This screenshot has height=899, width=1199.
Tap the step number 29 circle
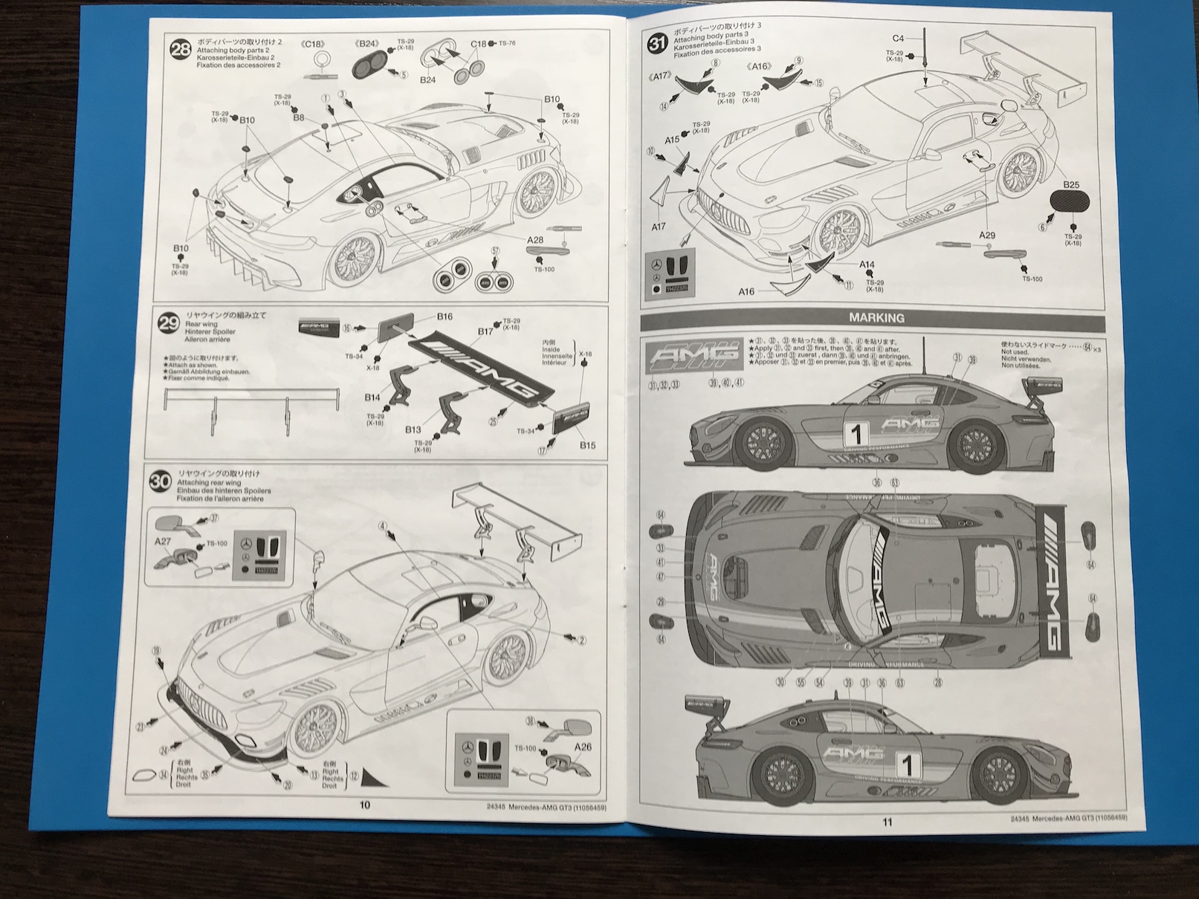(x=169, y=322)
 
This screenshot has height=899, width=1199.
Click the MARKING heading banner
(x=876, y=317)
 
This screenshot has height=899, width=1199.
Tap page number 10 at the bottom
(x=364, y=805)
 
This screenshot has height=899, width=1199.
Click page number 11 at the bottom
(x=887, y=822)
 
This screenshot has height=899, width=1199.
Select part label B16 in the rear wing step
(x=444, y=317)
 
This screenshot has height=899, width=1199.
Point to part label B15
(x=587, y=445)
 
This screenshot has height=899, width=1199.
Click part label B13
(x=413, y=429)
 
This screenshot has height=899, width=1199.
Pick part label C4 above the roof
(x=898, y=38)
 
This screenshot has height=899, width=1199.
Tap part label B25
(x=1070, y=184)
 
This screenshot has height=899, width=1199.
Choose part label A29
(x=986, y=236)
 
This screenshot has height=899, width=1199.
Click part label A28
(x=535, y=240)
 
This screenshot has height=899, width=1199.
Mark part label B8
(x=298, y=117)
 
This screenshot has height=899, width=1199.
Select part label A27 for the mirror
(x=163, y=542)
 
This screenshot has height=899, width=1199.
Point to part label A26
(x=583, y=747)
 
